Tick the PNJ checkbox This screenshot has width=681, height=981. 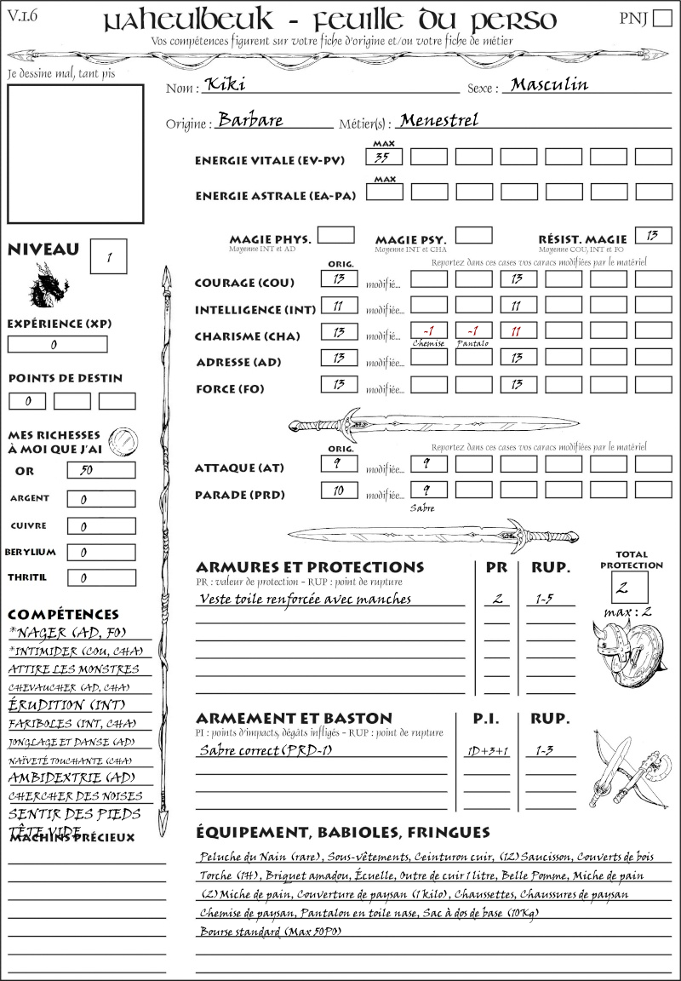coord(661,20)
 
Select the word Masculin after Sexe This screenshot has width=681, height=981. coord(549,85)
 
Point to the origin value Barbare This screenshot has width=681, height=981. coord(250,120)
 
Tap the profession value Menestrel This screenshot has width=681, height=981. coord(438,120)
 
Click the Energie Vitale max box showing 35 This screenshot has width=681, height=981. coord(385,157)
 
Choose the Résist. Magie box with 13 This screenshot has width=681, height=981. coord(653,235)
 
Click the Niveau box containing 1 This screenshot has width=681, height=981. coord(110,255)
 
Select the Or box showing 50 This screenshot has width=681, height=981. coord(100,470)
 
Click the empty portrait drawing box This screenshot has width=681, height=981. coord(76,154)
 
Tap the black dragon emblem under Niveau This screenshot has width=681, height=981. coord(48,285)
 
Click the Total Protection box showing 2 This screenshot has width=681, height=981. coord(630,587)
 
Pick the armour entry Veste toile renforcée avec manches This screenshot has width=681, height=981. coord(306,599)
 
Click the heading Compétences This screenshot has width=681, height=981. coord(63,614)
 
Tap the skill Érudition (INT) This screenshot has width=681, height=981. coord(58,705)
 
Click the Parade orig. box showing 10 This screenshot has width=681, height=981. coord(339,490)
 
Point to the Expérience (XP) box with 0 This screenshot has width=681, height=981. coord(57,345)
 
